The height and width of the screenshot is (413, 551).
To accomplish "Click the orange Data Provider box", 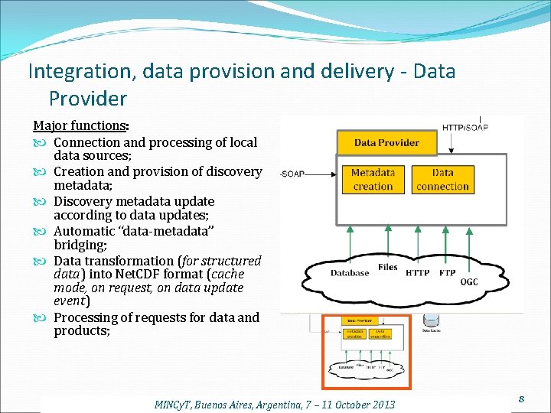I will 386,142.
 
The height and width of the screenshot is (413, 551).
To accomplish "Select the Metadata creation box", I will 373,180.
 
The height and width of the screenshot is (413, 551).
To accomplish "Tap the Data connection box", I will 442,180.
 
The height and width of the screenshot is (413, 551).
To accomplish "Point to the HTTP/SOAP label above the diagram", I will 465,127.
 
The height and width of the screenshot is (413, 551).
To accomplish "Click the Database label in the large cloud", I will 350,273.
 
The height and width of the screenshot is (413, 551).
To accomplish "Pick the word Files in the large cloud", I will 388,268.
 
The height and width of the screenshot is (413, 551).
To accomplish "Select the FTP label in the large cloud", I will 448,273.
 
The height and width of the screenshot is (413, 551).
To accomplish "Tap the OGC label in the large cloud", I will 469,281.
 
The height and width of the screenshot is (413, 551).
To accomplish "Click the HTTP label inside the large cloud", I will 418,273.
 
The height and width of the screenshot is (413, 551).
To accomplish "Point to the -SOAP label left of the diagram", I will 293,174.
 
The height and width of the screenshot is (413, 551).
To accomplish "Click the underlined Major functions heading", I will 80,125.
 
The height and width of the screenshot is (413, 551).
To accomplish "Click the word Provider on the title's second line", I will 88,99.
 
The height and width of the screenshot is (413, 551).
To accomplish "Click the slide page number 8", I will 520,398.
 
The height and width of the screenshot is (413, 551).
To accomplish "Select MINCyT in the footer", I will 177,404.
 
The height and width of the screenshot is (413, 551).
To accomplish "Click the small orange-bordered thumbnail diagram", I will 366,352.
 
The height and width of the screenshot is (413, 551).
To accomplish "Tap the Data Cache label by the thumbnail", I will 431,330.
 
